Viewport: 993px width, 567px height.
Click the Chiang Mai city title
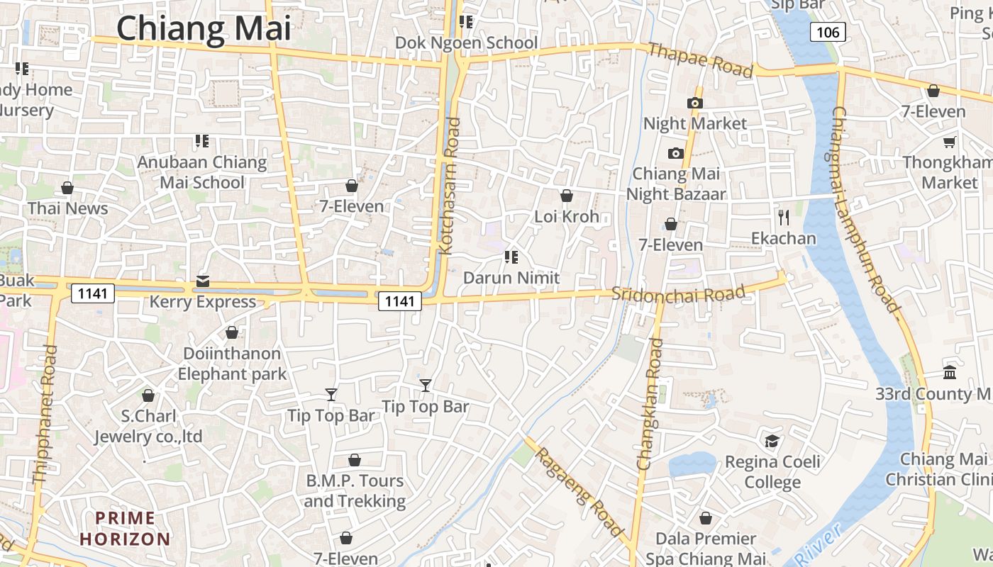tap(204, 29)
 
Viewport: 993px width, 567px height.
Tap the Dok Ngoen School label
tap(466, 43)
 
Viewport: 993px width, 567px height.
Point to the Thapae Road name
tap(700, 60)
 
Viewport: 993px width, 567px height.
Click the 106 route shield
tap(827, 32)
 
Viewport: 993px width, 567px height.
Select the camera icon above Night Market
tap(695, 103)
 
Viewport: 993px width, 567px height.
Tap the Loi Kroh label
tap(567, 216)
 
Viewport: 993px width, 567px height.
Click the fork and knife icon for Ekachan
tap(783, 217)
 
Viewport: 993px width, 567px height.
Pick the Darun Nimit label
tap(511, 278)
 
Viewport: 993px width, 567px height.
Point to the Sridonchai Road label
tap(679, 293)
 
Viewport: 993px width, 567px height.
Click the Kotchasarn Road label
tap(450, 186)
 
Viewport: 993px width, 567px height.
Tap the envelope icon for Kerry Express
tap(203, 282)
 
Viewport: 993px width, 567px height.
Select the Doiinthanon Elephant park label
tap(232, 364)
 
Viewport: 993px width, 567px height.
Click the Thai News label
tap(68, 208)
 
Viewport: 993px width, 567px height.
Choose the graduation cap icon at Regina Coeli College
tap(772, 442)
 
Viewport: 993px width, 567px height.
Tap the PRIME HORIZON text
tap(125, 529)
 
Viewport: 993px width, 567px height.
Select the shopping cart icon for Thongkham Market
tap(949, 142)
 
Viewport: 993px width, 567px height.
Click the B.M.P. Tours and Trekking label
tap(355, 491)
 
